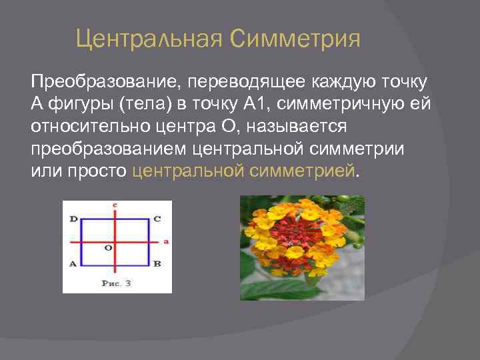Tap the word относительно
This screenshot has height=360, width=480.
[84, 126]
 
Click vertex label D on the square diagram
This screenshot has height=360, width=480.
[73, 219]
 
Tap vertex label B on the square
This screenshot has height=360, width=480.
[157, 263]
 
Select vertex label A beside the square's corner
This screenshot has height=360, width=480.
[73, 263]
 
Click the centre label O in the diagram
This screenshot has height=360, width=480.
[108, 247]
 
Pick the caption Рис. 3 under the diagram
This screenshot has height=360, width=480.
[116, 283]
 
